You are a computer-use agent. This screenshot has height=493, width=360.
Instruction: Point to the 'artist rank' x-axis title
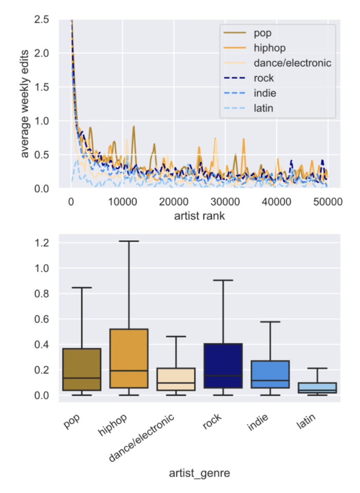tap(200, 216)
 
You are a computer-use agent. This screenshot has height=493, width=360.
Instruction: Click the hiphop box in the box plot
tap(125, 358)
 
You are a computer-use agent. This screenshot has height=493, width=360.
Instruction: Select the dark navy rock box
tap(224, 366)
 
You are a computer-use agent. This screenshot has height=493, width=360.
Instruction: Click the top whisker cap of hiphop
tap(125, 241)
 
